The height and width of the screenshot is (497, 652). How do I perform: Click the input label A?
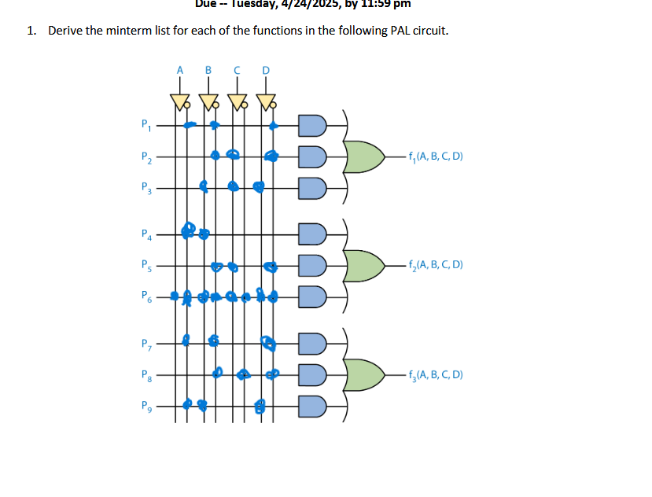pos(179,70)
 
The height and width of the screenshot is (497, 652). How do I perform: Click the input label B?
pos(208,70)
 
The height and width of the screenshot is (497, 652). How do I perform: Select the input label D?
pos(265,70)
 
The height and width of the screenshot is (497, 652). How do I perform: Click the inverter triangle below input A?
pos(179,101)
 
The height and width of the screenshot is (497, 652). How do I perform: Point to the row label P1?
pos(144,123)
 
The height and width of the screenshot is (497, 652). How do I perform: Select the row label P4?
pos(144,234)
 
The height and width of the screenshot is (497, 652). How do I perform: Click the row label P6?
pos(144,297)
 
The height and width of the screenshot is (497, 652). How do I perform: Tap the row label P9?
pos(144,407)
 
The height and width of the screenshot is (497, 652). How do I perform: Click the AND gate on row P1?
pos(312,124)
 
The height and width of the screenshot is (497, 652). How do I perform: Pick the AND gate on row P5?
pos(312,266)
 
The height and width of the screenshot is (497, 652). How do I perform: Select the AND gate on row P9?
pos(312,407)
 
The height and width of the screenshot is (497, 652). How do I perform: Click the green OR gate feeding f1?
pos(365,156)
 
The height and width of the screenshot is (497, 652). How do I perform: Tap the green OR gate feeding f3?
pos(365,375)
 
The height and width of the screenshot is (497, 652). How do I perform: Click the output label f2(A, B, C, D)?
pos(435,265)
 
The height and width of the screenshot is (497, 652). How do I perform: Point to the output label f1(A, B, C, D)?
pos(435,156)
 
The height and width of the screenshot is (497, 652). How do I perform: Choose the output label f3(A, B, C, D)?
pos(435,375)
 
